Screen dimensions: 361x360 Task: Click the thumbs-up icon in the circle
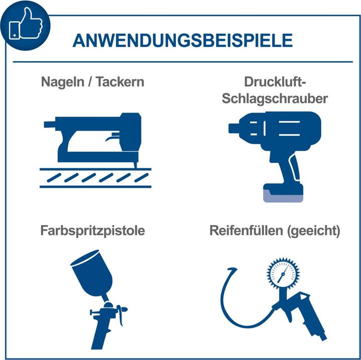pyautogui.click(x=26, y=24)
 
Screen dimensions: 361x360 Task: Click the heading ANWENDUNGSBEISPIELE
pyautogui.click(x=183, y=41)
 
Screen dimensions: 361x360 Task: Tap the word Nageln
pyautogui.click(x=63, y=82)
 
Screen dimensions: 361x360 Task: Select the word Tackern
pyautogui.click(x=120, y=82)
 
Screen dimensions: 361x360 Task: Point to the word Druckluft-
pyautogui.click(x=275, y=82)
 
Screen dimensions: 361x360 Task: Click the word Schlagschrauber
pyautogui.click(x=275, y=99)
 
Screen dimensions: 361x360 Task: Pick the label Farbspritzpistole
pyautogui.click(x=93, y=231)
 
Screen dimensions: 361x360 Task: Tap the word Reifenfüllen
pyautogui.click(x=246, y=231)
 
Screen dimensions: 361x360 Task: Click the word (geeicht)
pyautogui.click(x=313, y=231)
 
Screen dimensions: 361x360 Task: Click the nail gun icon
pyautogui.click(x=95, y=150)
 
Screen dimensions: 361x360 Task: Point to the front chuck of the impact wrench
pyautogui.click(x=234, y=128)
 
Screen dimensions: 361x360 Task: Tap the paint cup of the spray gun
pyautogui.click(x=92, y=273)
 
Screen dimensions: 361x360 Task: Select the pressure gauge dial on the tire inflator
pyautogui.click(x=283, y=273)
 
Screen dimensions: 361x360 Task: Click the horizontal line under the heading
pyautogui.click(x=183, y=62)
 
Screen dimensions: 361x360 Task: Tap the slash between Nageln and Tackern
pyautogui.click(x=90, y=82)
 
